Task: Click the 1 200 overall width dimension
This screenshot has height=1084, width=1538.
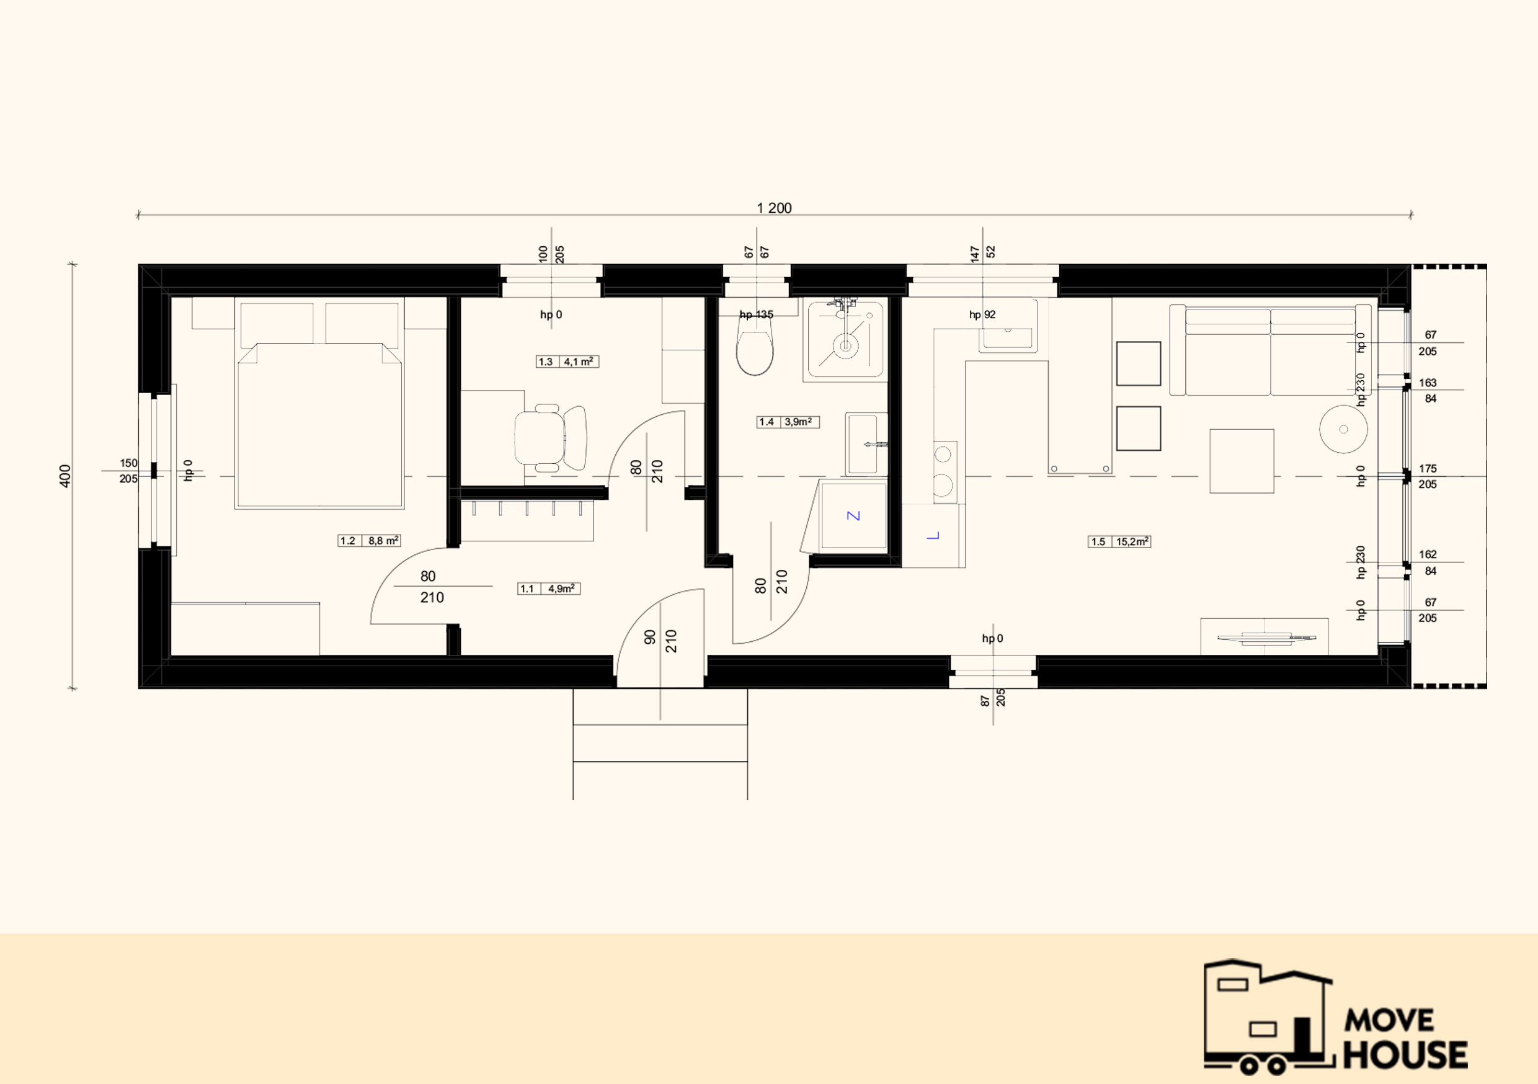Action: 774,208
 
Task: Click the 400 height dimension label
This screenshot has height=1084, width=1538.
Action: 65,476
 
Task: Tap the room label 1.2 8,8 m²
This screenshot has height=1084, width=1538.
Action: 369,541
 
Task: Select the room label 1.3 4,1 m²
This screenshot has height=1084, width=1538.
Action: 567,362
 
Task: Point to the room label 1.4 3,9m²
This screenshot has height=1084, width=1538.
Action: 788,422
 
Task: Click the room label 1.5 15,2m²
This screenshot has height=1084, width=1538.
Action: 1119,541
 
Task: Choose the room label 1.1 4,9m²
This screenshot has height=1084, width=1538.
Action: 549,589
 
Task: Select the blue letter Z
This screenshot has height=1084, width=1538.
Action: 853,516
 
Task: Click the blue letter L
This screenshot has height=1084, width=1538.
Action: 933,535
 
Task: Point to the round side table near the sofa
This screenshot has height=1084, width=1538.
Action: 1343,429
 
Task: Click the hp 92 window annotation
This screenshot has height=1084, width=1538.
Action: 982,314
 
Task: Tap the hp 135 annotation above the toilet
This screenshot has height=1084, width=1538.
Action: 756,314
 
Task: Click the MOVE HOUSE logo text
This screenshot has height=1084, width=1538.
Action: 1405,1040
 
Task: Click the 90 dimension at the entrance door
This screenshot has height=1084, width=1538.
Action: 650,637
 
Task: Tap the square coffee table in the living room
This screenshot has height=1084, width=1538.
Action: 1241,461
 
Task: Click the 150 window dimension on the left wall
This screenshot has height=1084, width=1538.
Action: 128,463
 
